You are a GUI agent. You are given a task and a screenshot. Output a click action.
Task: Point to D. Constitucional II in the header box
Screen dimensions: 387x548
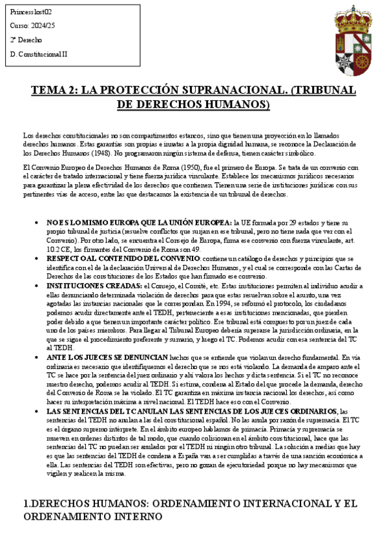(x=39, y=54)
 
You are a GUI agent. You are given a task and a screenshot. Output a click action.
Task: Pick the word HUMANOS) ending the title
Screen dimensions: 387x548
(x=236, y=105)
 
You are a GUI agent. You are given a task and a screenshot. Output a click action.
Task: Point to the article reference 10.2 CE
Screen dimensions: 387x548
(x=58, y=248)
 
